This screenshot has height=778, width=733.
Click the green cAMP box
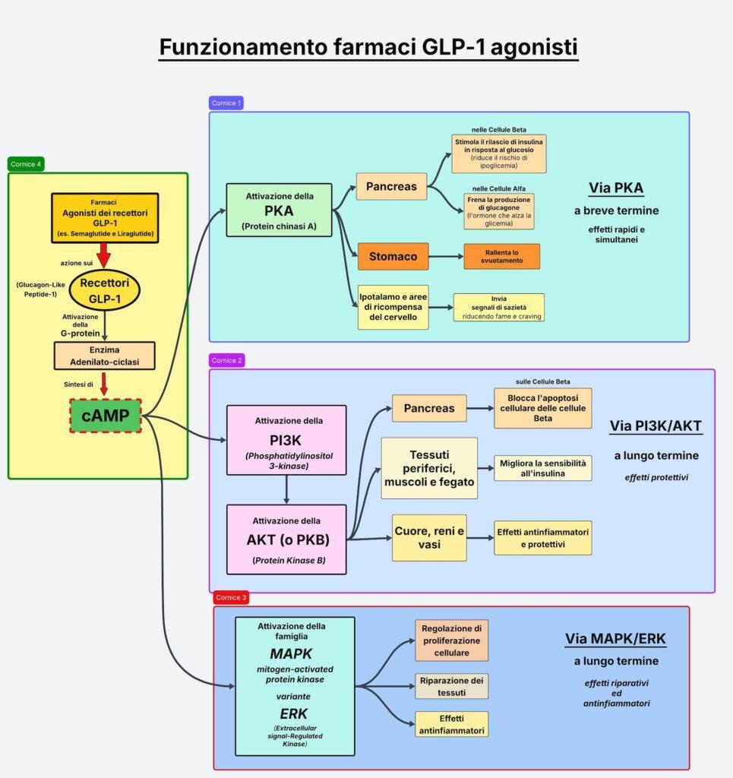click(105, 416)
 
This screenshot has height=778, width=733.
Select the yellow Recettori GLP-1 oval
click(104, 289)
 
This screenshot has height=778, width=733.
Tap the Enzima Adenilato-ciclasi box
click(104, 355)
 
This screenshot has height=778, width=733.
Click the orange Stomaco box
click(393, 257)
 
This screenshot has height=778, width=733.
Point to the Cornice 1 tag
click(226, 103)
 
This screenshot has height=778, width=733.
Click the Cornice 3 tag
click(230, 598)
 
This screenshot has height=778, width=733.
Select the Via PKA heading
click(616, 188)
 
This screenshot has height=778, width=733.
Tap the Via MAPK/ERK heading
click(615, 639)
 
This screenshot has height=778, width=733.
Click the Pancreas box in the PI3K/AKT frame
click(429, 408)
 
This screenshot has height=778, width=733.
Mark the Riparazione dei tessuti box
click(451, 685)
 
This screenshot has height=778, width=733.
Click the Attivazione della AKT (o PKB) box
click(286, 539)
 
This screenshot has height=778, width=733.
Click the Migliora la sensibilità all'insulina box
click(542, 468)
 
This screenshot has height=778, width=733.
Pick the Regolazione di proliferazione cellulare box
click(451, 640)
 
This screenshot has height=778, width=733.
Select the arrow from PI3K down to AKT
click(286, 490)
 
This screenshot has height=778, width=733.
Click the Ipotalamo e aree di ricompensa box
click(393, 307)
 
